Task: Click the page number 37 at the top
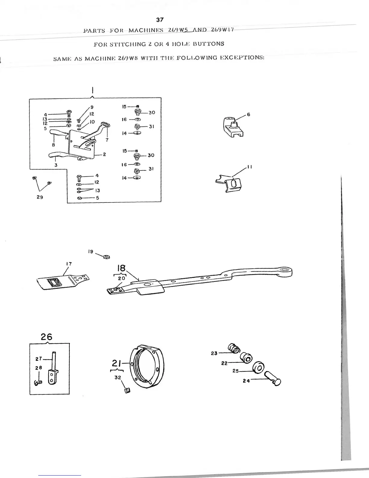[160, 20]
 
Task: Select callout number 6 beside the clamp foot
[248, 114]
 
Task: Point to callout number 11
[250, 167]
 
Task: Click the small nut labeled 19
[106, 257]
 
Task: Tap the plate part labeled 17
[62, 281]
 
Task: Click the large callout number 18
[121, 268]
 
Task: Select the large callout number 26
[46, 337]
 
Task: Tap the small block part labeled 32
[127, 391]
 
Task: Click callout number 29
[40, 197]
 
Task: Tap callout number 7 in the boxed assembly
[107, 140]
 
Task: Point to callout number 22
[224, 363]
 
